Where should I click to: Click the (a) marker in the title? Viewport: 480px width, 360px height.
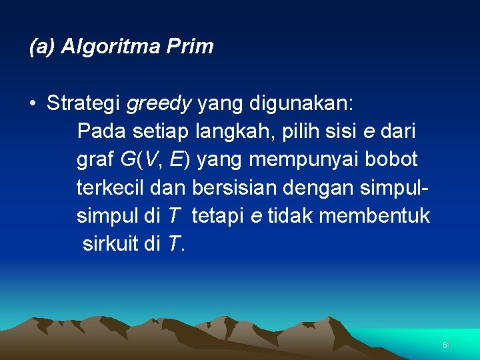click(43, 47)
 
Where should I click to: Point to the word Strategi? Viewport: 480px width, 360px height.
click(83, 103)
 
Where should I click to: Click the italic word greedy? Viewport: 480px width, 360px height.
click(159, 104)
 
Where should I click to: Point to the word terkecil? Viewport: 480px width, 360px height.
click(111, 188)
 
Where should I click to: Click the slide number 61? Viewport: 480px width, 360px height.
click(447, 345)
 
